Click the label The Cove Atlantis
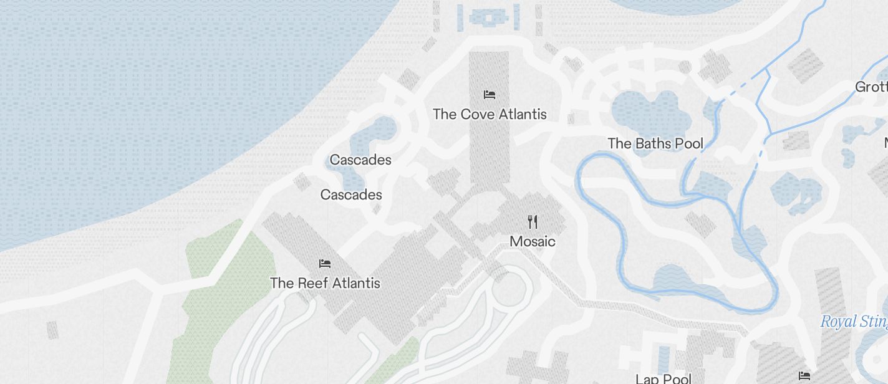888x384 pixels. pos(490,114)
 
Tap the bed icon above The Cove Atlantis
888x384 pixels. pos(490,95)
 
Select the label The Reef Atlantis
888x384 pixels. pos(325,283)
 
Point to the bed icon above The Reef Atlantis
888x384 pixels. pos(324,264)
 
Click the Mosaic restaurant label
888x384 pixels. pos(533,241)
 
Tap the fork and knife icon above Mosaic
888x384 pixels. pos(533,222)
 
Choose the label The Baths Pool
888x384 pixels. pos(655,143)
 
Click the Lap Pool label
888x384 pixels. pos(664,378)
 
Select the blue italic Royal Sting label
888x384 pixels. pos(854,322)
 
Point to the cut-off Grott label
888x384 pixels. pos(871,87)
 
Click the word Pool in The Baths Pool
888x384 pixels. pos(690,143)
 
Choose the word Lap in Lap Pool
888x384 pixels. pos(647,378)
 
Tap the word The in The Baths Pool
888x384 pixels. pos(620,143)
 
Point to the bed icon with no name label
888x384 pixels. pos(804,376)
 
